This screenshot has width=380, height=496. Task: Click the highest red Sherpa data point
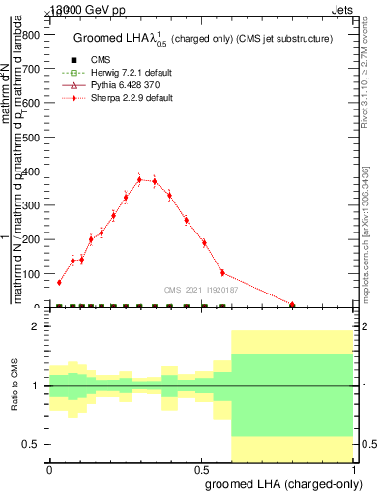140,179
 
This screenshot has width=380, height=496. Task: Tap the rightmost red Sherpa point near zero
292,304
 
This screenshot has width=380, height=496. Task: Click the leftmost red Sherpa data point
59,282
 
